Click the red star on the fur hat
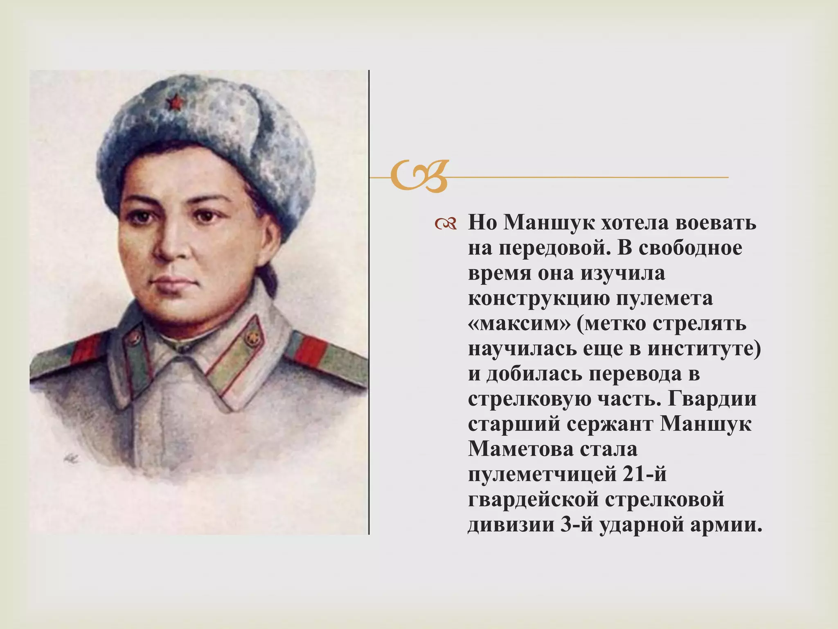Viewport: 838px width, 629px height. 174,102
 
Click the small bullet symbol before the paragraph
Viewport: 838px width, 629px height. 446,224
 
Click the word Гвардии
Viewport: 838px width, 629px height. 712,399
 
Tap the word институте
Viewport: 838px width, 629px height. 696,348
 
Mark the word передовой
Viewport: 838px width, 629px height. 553,248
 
